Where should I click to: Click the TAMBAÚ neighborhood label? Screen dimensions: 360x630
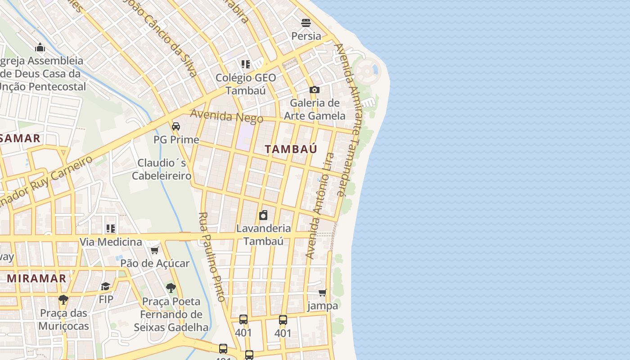(x=291, y=149)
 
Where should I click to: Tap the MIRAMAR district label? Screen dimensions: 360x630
(x=36, y=279)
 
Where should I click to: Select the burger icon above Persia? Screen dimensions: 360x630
(x=306, y=23)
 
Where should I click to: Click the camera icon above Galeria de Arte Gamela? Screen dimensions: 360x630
(x=314, y=90)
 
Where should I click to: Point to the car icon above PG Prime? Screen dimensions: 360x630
(x=176, y=126)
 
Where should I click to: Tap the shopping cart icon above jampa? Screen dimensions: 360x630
(x=322, y=293)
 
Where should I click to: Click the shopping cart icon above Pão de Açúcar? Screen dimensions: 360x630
(x=154, y=250)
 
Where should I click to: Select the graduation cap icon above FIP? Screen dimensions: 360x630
(x=105, y=286)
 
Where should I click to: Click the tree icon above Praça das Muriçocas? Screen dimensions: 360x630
(x=63, y=299)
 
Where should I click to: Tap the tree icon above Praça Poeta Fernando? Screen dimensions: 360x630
(x=171, y=288)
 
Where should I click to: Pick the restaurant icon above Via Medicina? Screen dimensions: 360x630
(x=110, y=229)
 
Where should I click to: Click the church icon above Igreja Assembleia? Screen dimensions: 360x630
(x=40, y=47)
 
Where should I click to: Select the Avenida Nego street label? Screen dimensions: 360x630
(x=226, y=116)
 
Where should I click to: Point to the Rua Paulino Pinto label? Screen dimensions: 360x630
(x=211, y=256)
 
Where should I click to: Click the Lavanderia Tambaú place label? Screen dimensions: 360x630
(x=264, y=234)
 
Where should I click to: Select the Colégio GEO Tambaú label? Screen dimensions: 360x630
(x=246, y=84)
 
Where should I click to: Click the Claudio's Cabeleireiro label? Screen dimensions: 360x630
(x=162, y=169)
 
